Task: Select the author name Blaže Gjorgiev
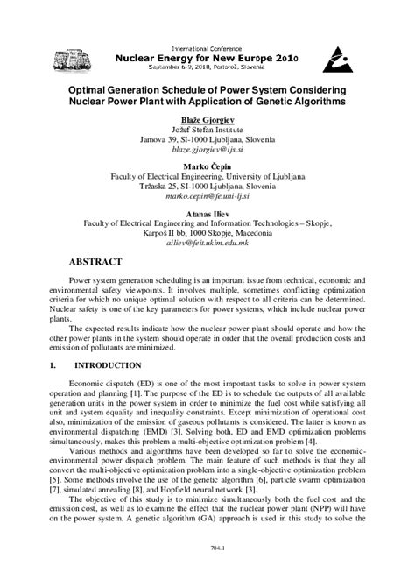pyautogui.click(x=207, y=118)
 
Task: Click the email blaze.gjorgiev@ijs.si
pyautogui.click(x=207, y=151)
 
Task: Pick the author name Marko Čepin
pyautogui.click(x=207, y=166)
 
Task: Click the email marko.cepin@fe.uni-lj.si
pyautogui.click(x=207, y=198)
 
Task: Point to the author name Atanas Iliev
pyautogui.click(x=207, y=213)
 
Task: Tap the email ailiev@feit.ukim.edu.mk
pyautogui.click(x=207, y=244)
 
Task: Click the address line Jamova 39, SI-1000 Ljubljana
pyautogui.click(x=207, y=140)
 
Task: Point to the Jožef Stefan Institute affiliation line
pyautogui.click(x=207, y=130)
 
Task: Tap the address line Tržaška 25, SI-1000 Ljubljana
pyautogui.click(x=207, y=187)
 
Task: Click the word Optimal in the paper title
pyautogui.click(x=90, y=89)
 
